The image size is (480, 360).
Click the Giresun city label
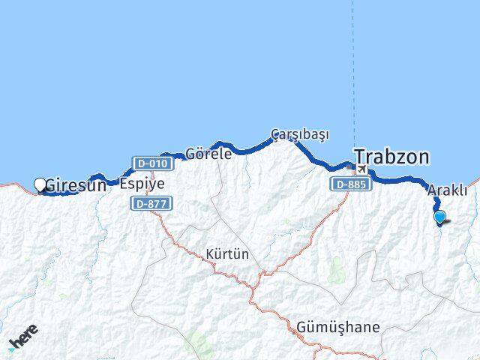tap(76, 184)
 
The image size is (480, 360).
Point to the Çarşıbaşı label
tap(300, 134)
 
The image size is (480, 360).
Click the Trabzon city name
tap(392, 157)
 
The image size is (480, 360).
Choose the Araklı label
tap(447, 190)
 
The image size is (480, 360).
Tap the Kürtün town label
tap(226, 254)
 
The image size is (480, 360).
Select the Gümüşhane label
tap(337, 328)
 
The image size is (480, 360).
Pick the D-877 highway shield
tap(151, 203)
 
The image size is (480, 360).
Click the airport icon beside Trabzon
tap(361, 170)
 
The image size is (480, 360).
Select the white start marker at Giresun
tap(40, 184)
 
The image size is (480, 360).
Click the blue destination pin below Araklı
tap(439, 217)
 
